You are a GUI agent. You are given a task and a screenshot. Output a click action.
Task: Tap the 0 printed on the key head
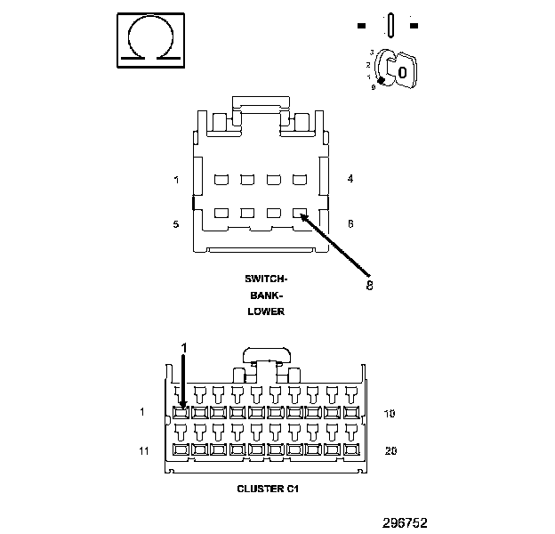pos(403,71)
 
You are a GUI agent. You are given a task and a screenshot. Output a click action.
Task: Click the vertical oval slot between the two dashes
pos(390,23)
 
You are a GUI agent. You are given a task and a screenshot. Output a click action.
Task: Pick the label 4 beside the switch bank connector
pos(350,180)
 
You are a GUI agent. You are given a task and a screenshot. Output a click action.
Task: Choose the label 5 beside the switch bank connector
pos(176,224)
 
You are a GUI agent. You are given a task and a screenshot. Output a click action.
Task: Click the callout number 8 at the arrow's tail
pos(369,285)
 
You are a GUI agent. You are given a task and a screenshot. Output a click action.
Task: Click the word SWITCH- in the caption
pos(266,279)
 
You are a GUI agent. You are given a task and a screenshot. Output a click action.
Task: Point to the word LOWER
pos(266,311)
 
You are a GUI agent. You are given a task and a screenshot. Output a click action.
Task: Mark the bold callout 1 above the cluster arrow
pos(184,346)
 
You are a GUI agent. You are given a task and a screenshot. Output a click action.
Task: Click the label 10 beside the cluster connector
pos(390,413)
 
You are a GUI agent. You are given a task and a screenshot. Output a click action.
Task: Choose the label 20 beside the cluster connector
pos(390,450)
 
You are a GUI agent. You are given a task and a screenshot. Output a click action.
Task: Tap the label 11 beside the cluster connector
pos(143,450)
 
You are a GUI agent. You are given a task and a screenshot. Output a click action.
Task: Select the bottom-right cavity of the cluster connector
pos(352,449)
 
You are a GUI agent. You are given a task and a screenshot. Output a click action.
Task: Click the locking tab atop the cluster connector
pos(265,354)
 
